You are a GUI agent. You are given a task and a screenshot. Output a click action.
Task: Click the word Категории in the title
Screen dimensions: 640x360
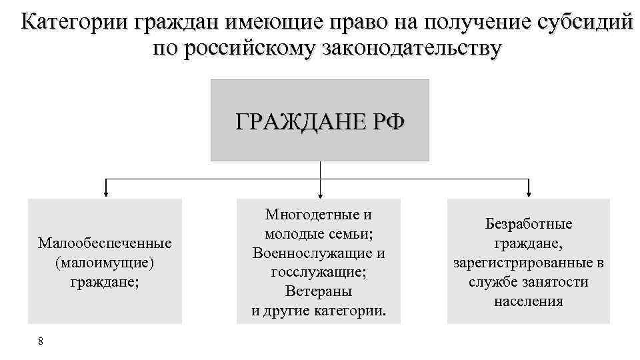(74, 23)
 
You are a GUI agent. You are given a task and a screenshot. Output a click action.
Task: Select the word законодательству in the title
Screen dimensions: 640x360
(401, 49)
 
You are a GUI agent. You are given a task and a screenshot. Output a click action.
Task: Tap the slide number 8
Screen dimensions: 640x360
(41, 341)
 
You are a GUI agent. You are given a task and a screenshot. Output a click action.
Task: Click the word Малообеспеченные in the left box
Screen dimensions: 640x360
(105, 243)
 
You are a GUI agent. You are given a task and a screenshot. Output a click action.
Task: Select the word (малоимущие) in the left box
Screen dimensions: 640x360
(105, 262)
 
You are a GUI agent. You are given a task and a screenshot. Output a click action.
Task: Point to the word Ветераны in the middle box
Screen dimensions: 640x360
(319, 291)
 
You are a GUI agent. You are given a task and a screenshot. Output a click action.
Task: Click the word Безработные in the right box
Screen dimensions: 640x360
(529, 225)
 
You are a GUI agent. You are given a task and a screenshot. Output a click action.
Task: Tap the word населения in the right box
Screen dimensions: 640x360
(529, 301)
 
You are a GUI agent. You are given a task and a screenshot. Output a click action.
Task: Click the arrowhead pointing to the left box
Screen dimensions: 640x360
(105, 195)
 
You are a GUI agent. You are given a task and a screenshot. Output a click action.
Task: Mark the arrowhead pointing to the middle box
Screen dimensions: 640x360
(321, 195)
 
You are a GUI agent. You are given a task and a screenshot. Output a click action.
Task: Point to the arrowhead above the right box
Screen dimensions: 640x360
(529, 195)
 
